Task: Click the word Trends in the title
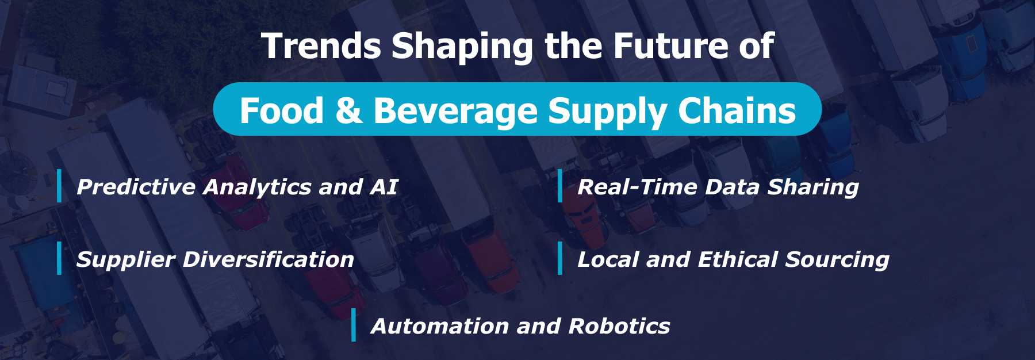click(321, 46)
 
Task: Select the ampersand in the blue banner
click(348, 110)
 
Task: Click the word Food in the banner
click(281, 110)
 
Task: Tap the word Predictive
click(136, 187)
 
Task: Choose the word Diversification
click(268, 259)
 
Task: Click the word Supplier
click(125, 260)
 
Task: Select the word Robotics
click(619, 326)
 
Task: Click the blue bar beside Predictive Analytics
click(59, 186)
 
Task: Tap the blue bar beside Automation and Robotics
click(354, 325)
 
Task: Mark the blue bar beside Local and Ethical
click(560, 258)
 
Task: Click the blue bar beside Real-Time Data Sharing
click(560, 186)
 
